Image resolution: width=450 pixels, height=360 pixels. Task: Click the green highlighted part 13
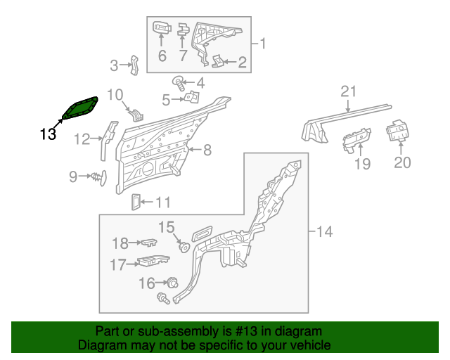(x=80, y=108)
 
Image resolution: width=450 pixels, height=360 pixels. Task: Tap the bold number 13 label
(x=48, y=134)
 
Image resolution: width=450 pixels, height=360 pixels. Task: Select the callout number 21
(x=349, y=91)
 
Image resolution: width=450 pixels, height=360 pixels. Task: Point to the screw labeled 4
(x=179, y=83)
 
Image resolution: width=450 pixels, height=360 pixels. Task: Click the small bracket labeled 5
(x=192, y=97)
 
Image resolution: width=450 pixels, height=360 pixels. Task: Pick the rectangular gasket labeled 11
(x=136, y=202)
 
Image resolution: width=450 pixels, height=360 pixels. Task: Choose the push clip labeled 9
(x=99, y=178)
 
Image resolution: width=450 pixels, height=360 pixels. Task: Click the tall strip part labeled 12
(x=108, y=140)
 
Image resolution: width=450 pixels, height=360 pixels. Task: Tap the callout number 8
(x=207, y=150)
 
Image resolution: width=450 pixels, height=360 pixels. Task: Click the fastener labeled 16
(x=173, y=283)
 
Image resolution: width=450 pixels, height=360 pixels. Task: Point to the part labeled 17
(x=153, y=261)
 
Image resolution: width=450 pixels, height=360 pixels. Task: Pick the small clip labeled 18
(x=149, y=243)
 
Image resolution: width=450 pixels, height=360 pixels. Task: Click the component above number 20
(x=397, y=131)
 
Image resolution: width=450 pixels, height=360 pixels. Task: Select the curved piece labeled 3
(x=134, y=65)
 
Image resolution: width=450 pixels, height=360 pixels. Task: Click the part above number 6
(x=162, y=27)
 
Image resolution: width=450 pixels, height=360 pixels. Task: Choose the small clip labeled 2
(x=217, y=61)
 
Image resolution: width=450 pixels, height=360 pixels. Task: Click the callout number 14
(x=324, y=231)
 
